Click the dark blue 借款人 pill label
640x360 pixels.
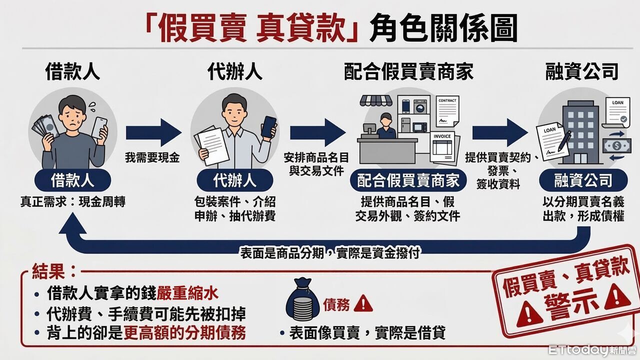tap(72, 180)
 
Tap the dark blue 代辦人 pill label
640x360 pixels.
tap(235, 180)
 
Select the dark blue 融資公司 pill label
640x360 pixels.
tap(583, 180)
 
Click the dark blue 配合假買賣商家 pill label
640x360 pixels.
tap(408, 180)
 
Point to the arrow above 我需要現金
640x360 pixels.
tap(153, 133)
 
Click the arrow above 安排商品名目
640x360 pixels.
tap(317, 133)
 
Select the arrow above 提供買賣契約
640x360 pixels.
tap(500, 133)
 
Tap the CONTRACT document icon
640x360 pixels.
tap(447, 111)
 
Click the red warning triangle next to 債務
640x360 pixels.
tap(363, 303)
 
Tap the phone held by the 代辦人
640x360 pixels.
tap(268, 127)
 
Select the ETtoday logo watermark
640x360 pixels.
tap(592, 350)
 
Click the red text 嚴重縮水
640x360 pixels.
tap(187, 293)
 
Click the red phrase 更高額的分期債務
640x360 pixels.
tap(184, 333)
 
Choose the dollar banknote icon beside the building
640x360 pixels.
tap(616, 146)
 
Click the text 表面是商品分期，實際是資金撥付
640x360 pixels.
tap(329, 253)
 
